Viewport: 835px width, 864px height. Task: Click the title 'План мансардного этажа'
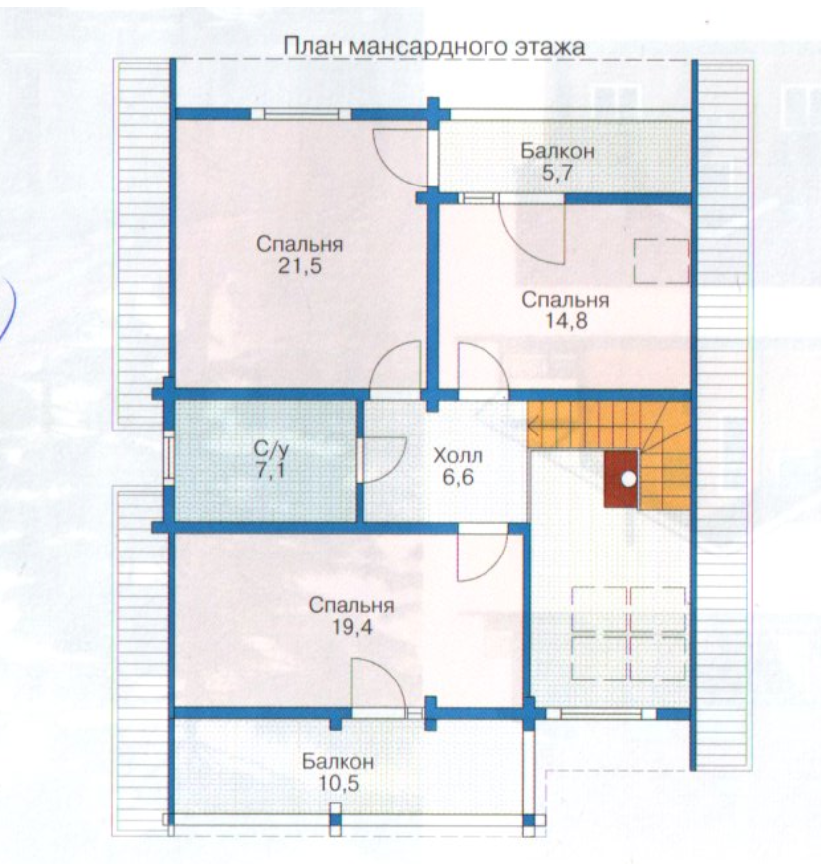coord(434,47)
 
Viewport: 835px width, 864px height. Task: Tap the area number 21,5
coord(300,266)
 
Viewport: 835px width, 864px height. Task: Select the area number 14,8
coord(566,320)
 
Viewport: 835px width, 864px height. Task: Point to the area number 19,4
coord(351,627)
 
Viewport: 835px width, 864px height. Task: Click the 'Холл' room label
coord(458,455)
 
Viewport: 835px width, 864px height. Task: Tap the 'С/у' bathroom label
coord(271,450)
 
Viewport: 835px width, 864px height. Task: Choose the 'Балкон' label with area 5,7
coord(558,151)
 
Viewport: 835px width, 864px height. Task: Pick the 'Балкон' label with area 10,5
coord(339,762)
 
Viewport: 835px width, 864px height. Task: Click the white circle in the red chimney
coord(628,479)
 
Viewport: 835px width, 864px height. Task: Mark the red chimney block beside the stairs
coord(622,479)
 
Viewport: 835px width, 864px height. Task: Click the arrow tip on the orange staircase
coord(528,425)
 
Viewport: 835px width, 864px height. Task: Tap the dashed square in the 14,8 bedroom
coord(661,261)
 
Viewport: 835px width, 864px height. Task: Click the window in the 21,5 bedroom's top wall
coord(302,114)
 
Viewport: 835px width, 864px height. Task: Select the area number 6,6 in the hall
coord(458,477)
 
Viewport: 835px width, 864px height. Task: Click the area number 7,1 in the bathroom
coord(271,471)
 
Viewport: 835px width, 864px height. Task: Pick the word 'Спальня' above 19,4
coord(351,605)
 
